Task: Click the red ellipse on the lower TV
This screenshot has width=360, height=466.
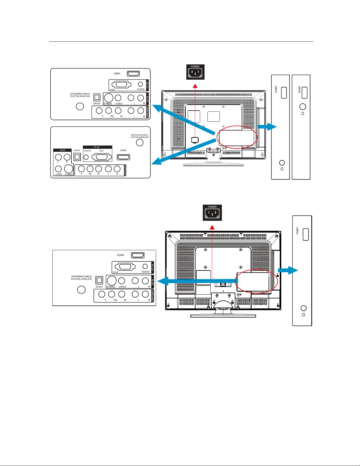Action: coord(257,281)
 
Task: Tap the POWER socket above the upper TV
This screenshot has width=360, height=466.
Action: coord(195,72)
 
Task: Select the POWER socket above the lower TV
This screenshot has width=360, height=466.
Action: coord(212,213)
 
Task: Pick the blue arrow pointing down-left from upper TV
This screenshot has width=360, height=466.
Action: coord(185,150)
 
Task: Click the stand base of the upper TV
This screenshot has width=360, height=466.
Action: coord(213,164)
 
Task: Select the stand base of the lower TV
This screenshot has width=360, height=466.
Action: coord(223,316)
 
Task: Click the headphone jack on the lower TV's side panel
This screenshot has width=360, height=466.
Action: coord(304,308)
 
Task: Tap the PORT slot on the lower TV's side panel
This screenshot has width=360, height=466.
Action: coord(306,234)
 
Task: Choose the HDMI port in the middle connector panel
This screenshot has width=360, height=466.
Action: coord(123,157)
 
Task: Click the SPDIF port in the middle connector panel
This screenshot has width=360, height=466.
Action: coord(77,157)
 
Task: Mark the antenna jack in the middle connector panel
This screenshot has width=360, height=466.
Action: coord(140,142)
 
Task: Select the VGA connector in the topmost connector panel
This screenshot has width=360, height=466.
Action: coord(121,84)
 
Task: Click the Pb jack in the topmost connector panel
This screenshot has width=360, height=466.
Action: coord(108,111)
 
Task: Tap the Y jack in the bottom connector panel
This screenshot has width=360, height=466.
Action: coord(102,294)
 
